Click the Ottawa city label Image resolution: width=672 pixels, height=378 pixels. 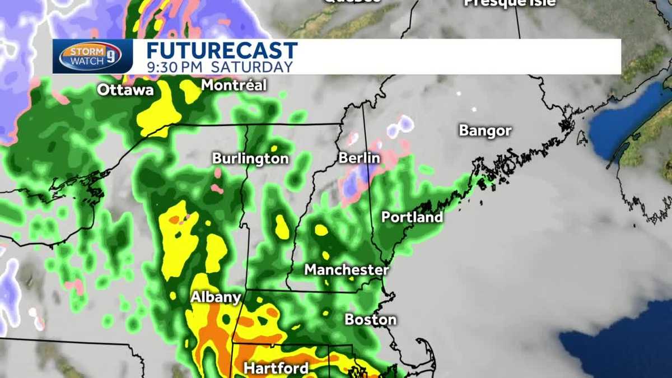click(125, 90)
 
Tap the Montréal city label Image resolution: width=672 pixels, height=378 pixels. click(234, 86)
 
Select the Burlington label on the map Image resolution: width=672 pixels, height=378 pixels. click(250, 159)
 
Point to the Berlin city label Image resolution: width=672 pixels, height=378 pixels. click(359, 158)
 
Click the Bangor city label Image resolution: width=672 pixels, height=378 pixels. click(485, 131)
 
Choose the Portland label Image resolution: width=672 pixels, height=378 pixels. click(412, 217)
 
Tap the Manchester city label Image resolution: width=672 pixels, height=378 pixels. click(346, 270)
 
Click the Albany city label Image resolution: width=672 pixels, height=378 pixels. click(216, 297)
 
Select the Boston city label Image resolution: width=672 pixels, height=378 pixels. click(370, 320)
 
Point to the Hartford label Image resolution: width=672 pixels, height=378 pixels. click(276, 368)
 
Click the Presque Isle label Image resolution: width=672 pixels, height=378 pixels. click(510, 3)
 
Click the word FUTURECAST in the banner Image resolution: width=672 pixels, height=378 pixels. click(222, 50)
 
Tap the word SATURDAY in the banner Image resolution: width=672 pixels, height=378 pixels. click(259, 67)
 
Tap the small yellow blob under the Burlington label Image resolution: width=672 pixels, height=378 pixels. click(282, 227)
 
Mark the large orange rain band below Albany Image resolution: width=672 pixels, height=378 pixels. click(216, 330)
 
